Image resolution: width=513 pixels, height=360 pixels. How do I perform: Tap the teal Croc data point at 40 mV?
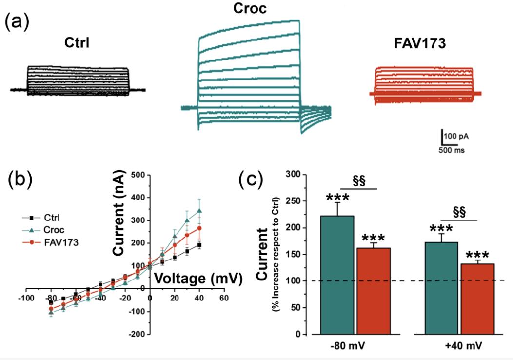tap(199, 211)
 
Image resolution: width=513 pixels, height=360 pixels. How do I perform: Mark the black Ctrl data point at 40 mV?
tap(199, 245)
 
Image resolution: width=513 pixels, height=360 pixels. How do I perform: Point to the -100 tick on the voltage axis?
tap(26, 298)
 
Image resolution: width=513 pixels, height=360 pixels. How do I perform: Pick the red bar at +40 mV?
tap(478, 299)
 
